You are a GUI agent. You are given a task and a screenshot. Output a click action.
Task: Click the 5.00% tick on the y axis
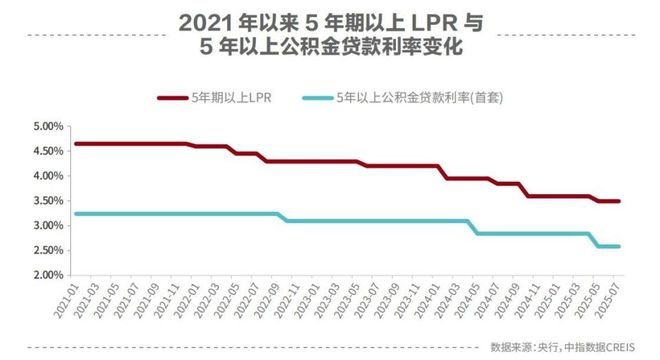48,127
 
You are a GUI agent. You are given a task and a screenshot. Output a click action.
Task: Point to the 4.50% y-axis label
48,151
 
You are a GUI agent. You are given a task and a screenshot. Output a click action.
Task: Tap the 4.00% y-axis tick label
48,176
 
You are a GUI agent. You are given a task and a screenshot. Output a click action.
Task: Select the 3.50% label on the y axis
48,201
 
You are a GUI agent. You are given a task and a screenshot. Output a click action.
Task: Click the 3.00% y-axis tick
48,226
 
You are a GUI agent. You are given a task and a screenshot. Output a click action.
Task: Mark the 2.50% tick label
48,250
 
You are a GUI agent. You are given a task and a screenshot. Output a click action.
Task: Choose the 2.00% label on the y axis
48,275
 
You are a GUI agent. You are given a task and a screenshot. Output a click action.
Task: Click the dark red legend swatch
177,97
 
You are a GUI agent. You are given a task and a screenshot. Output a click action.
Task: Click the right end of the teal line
619,246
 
